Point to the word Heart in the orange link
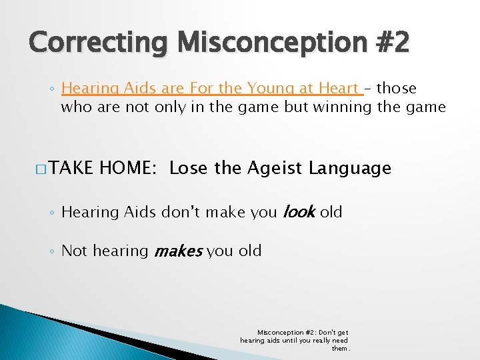click(x=339, y=89)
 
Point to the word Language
click(x=349, y=169)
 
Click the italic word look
click(x=299, y=213)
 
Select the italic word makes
click(x=177, y=252)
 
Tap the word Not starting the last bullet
click(x=75, y=251)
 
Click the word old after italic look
click(x=331, y=213)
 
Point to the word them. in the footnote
click(x=341, y=348)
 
